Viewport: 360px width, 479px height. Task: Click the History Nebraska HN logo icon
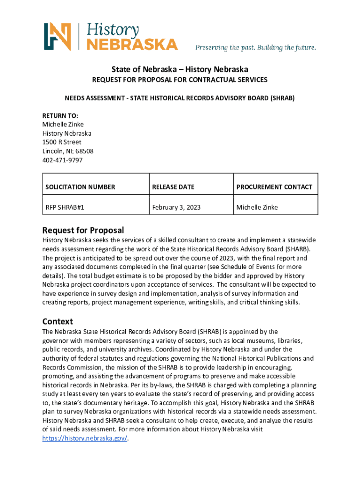click(58, 36)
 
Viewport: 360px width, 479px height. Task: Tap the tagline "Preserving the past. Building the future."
click(256, 48)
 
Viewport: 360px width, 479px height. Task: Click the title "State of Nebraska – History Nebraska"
click(180, 69)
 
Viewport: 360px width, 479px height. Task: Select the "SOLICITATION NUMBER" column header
click(80, 187)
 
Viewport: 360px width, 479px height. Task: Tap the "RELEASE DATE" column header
click(173, 187)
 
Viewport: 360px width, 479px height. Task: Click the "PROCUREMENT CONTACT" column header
click(274, 187)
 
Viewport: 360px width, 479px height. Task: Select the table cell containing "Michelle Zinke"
click(257, 207)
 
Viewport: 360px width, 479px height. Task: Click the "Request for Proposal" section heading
click(83, 230)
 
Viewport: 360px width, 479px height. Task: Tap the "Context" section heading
click(58, 321)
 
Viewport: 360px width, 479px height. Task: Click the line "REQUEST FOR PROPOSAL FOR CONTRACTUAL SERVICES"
click(180, 80)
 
